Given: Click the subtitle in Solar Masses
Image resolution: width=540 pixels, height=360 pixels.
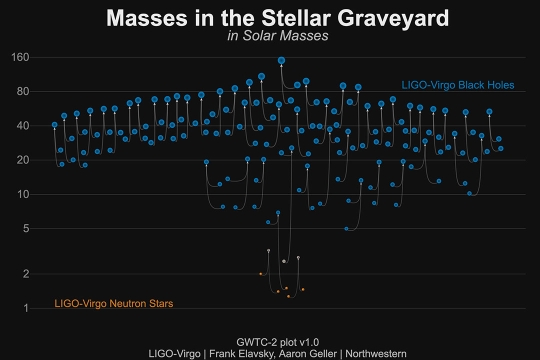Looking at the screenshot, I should (271, 36).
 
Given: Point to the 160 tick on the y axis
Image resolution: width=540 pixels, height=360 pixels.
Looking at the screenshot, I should (20, 57).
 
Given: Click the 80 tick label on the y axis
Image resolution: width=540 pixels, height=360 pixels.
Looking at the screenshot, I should (23, 91).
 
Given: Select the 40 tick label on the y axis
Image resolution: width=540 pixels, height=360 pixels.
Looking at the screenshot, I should (23, 126).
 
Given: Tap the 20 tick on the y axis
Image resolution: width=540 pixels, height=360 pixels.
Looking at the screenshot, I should (23, 160).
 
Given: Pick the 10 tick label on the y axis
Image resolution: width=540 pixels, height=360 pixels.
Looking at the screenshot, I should (23, 194).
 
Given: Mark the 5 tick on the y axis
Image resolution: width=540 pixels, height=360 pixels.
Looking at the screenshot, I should (26, 228).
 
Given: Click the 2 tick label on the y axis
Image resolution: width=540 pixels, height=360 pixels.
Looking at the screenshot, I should (26, 274).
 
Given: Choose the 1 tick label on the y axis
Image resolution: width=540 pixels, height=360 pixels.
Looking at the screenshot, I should (26, 308).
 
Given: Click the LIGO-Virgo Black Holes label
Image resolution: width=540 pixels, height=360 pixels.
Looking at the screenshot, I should (457, 85).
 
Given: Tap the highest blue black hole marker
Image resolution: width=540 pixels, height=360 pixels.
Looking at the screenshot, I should (282, 60).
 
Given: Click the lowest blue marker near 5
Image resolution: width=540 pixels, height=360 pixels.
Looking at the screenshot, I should (346, 229).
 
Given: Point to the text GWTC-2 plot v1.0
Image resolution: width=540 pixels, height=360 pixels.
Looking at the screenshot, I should (271, 341).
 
